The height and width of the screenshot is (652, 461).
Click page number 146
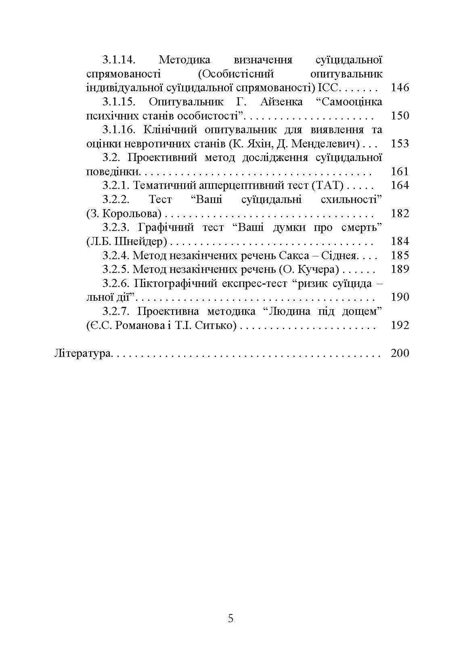click(x=400, y=88)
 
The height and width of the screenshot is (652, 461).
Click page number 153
click(x=400, y=144)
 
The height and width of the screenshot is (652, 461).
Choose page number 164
click(x=400, y=186)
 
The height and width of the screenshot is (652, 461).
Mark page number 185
click(x=400, y=256)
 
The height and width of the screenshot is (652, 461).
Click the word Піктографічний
click(x=176, y=283)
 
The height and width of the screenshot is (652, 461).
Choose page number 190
click(x=400, y=298)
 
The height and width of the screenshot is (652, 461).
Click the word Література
click(x=83, y=354)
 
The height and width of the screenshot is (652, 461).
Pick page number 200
click(x=400, y=354)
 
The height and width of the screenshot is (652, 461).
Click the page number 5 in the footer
click(x=230, y=619)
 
